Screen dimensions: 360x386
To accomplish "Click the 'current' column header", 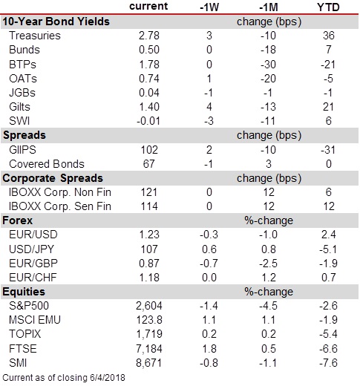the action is tap(148, 6).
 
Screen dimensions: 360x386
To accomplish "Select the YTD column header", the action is tap(328, 7).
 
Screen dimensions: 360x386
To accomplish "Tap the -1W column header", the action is tap(209, 7).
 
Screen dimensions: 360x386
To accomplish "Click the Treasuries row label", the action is tap(35, 36).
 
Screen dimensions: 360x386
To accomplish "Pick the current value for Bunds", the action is tap(149, 50).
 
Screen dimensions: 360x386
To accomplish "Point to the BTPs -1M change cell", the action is tap(268, 65).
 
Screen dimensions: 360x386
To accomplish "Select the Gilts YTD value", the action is tap(328, 107).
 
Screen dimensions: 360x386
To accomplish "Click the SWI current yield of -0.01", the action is tap(148, 121).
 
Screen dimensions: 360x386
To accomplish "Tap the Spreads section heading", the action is tap(24, 135).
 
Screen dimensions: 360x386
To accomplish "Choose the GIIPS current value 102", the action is tap(149, 150).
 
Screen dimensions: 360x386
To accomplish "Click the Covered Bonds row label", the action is tap(47, 164).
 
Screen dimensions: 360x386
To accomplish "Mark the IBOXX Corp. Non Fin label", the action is tap(60, 192).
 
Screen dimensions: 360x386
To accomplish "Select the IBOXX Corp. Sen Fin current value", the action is tap(149, 206).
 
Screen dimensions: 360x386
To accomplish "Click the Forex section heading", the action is tap(17, 220).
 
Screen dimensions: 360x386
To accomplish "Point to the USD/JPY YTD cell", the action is tap(328, 249).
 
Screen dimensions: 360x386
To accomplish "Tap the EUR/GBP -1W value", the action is tap(209, 264).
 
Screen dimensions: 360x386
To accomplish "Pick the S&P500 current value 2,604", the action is tap(149, 306).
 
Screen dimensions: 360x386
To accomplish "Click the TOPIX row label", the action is tap(24, 334).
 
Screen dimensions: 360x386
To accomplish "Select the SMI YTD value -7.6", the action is tap(328, 363).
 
